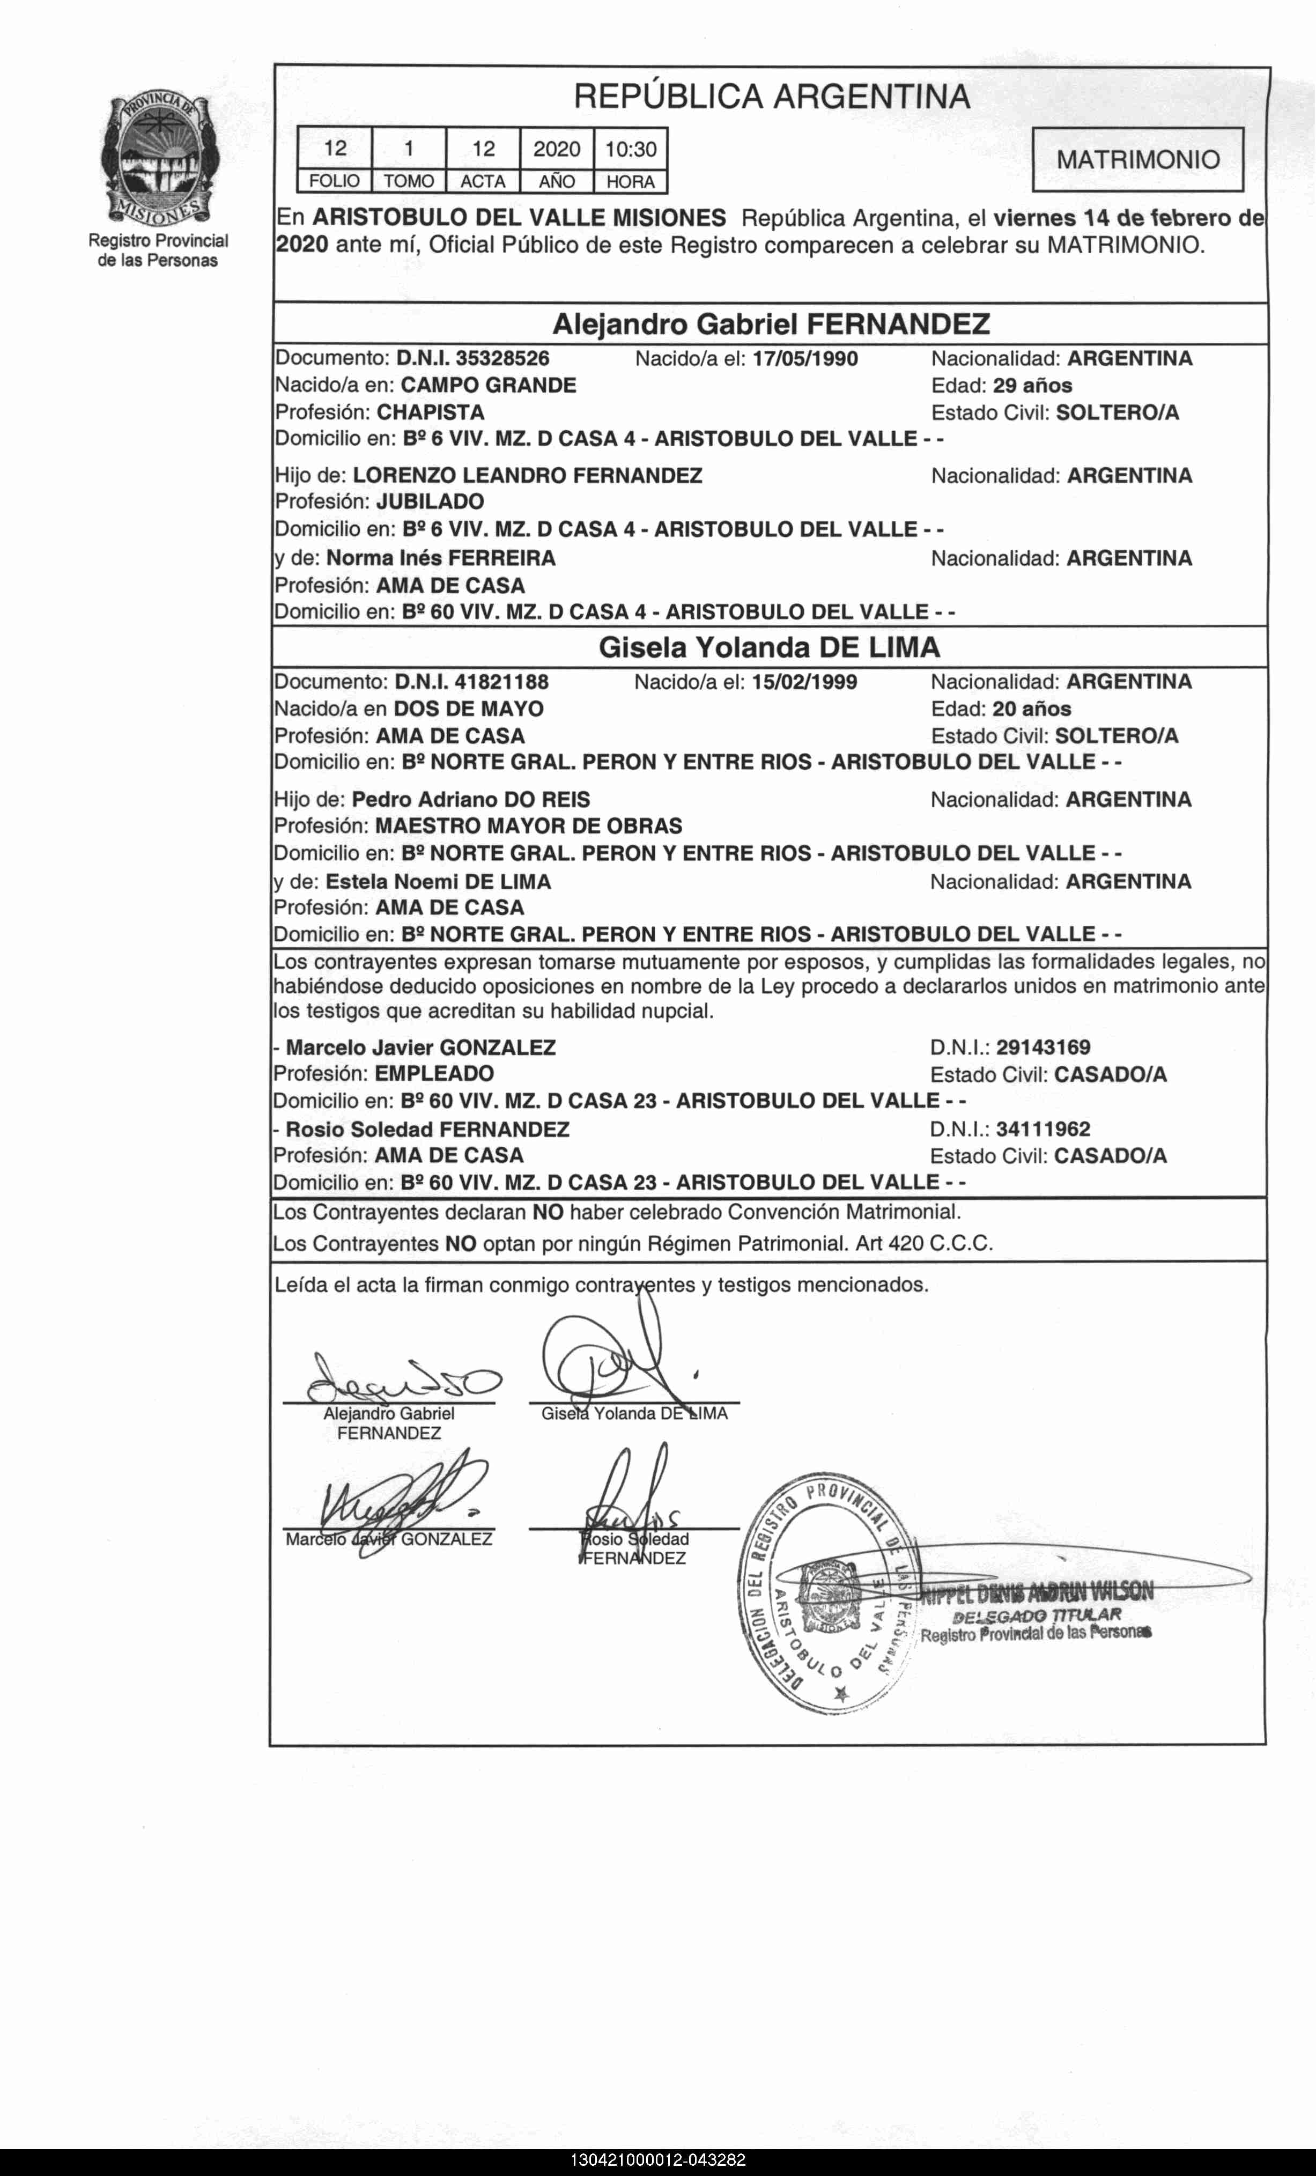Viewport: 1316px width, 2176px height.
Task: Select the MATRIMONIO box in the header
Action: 1137,160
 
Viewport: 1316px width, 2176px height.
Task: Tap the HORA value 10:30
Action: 630,149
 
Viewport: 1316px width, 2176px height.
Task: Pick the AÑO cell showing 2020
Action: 557,149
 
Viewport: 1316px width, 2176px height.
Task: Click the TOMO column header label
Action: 409,182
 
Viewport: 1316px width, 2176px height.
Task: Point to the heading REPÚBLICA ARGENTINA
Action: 772,96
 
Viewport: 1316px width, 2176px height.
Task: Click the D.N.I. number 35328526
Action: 502,358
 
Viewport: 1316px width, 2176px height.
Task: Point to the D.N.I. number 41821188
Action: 501,682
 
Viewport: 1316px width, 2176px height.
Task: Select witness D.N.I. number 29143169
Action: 1043,1048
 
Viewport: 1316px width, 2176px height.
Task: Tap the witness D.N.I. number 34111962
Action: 1043,1130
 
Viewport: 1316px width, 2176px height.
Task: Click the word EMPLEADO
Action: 434,1074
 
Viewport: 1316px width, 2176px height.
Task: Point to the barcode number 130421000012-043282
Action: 658,2160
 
